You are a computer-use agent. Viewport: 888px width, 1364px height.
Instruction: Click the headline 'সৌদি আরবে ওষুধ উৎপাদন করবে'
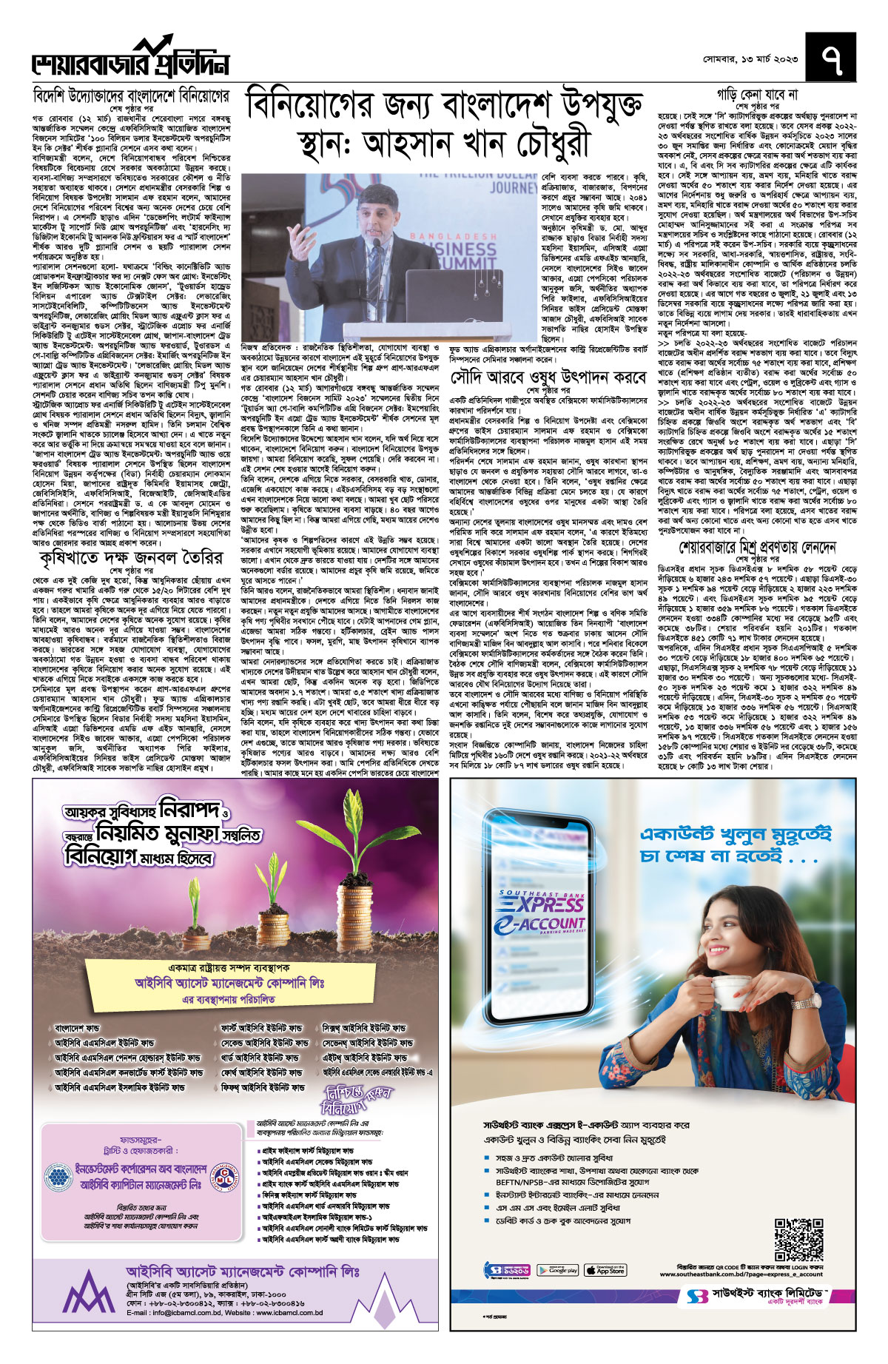548,377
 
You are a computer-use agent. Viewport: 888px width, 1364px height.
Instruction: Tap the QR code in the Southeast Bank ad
799,1239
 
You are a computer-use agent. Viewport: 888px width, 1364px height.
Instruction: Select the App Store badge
605,1270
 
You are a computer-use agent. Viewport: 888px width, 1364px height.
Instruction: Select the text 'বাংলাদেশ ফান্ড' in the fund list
77,1029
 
